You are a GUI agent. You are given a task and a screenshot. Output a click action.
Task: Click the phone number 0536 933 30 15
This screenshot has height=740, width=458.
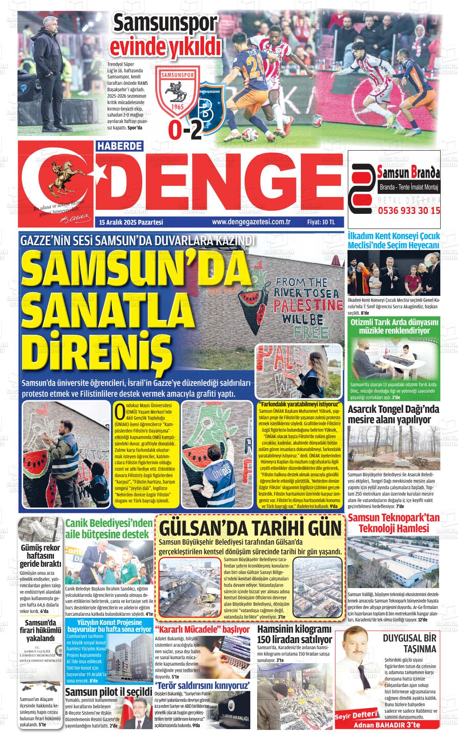(x=409, y=210)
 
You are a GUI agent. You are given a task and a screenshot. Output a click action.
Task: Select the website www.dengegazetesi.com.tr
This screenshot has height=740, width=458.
(x=251, y=221)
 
